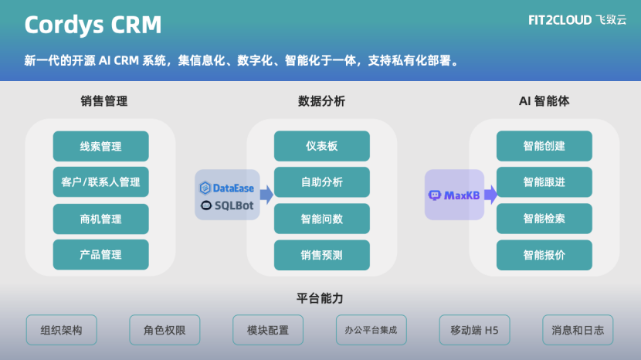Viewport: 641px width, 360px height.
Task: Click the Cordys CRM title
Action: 93,25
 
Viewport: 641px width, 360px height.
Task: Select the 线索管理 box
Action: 100,146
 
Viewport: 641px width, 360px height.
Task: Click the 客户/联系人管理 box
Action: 100,182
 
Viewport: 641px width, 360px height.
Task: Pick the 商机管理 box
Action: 100,219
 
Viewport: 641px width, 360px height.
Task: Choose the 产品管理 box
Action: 100,254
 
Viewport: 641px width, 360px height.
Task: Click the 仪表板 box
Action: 321,146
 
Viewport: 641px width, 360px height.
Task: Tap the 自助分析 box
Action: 321,182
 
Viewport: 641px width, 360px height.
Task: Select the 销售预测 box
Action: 321,254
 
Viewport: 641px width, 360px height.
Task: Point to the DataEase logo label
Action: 227,188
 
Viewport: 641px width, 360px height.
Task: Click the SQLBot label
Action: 227,205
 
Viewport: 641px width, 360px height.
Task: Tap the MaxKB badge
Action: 454,195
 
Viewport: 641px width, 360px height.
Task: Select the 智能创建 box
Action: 544,146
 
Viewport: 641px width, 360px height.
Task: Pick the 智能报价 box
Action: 544,254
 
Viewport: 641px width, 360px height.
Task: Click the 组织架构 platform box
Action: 61,331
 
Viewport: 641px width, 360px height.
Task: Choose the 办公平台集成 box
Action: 371,331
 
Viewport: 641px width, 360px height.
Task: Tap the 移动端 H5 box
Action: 474,331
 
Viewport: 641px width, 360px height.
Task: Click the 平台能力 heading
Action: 320,297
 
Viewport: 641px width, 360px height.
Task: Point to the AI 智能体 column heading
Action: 544,101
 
